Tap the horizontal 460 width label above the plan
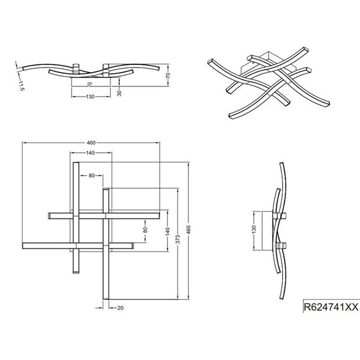click(91, 143)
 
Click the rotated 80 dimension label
click(145, 230)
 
